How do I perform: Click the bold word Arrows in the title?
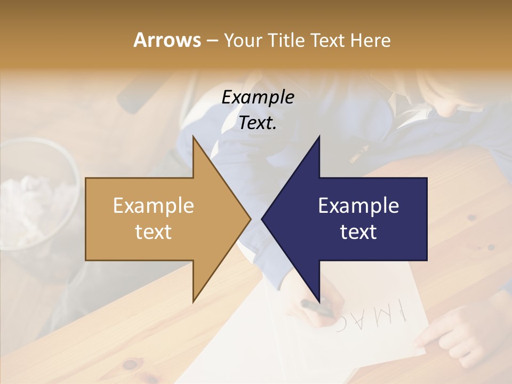[x=167, y=40]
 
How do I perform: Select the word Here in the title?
[x=371, y=41]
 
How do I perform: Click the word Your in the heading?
[x=243, y=41]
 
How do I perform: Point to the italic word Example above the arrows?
[x=258, y=98]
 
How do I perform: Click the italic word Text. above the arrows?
[x=258, y=123]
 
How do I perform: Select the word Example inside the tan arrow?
[x=154, y=205]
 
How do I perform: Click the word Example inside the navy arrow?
[x=358, y=205]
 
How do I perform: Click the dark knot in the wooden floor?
[x=130, y=365]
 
